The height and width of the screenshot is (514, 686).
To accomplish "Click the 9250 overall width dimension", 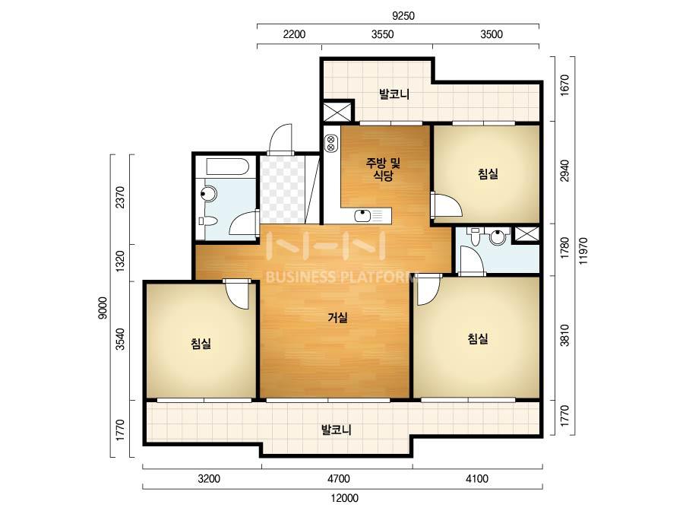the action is tap(403, 16).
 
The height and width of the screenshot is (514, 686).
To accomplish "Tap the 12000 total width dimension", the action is tap(344, 498).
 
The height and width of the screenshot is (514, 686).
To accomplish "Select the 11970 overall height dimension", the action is tap(583, 251).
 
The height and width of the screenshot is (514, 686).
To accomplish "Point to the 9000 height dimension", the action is tap(103, 308).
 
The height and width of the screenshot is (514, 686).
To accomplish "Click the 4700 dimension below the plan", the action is tap(339, 479).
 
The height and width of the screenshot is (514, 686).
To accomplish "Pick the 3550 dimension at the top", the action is tap(382, 34).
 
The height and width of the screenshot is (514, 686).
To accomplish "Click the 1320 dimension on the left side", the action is tap(120, 262).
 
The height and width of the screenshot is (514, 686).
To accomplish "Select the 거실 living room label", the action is tap(338, 317).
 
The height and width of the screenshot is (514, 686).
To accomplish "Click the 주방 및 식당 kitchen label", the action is tap(383, 170).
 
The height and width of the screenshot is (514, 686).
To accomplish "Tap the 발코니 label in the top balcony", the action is tap(394, 94).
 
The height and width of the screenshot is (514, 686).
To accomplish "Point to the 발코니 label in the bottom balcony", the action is tap(336, 430).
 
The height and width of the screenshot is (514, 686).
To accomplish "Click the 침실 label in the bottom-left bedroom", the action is tap(201, 344).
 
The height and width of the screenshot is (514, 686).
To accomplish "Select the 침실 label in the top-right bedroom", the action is tap(488, 174).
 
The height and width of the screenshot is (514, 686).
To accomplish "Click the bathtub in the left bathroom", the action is tap(227, 167).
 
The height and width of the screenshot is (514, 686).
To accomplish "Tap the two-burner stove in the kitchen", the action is tap(330, 143).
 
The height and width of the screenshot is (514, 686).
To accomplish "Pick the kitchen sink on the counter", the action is tap(362, 215).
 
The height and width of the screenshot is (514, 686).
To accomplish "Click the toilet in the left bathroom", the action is tap(207, 221).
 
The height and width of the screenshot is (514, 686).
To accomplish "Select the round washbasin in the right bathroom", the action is tap(498, 237).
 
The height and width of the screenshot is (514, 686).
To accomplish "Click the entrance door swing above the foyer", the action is tap(280, 139).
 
